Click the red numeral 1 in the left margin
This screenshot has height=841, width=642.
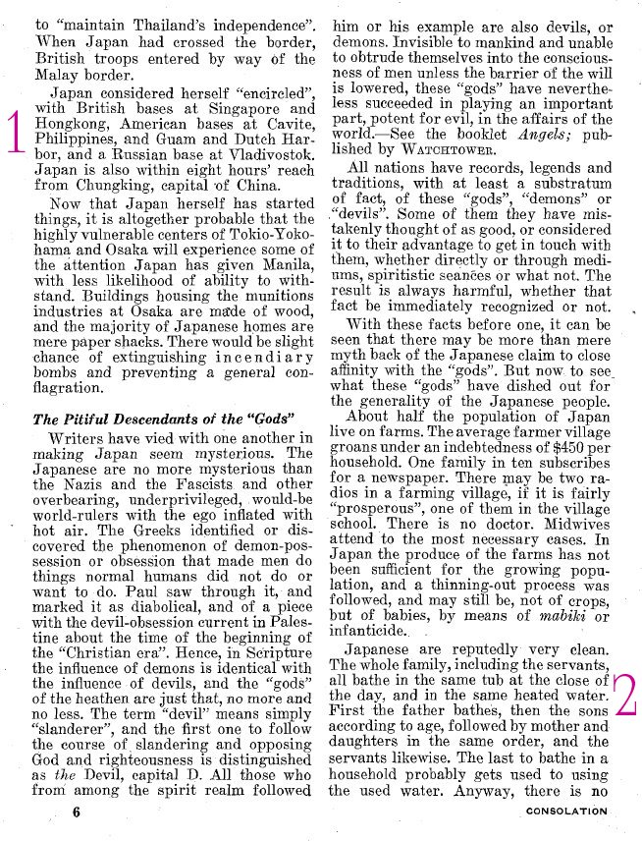(15, 133)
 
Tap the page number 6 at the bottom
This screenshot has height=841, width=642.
(76, 812)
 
